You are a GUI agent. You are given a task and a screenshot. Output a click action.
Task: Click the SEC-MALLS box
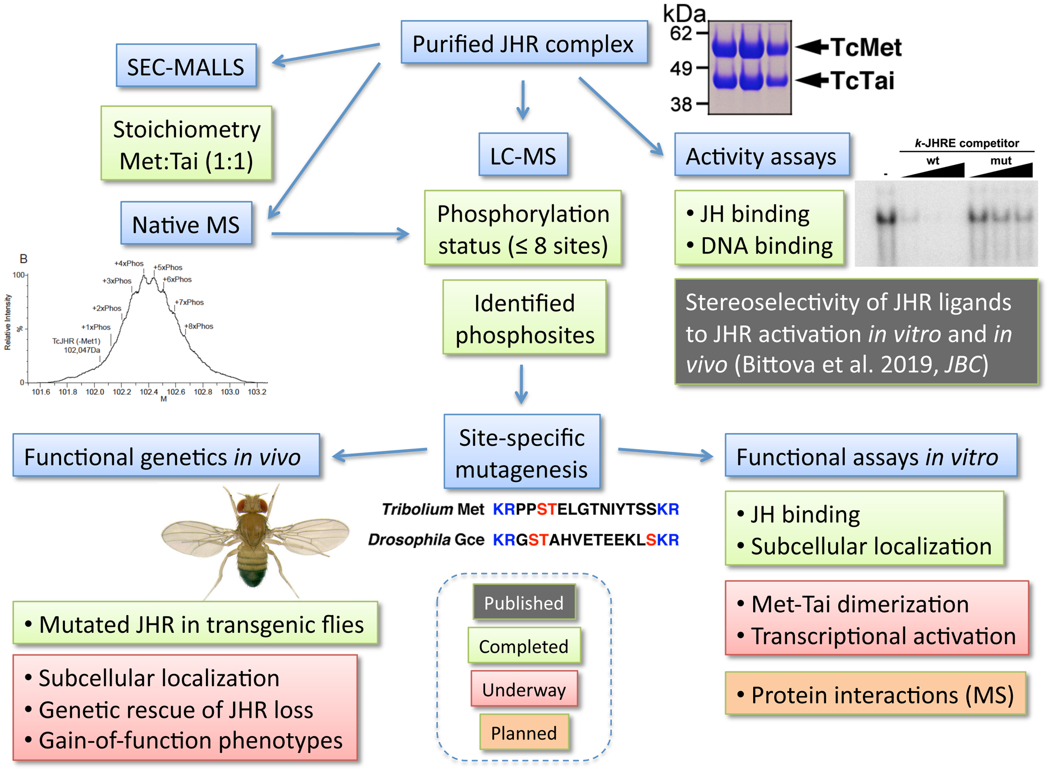(186, 66)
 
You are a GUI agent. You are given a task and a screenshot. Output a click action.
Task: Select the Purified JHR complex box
(524, 43)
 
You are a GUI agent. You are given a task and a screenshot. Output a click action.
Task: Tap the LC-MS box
(523, 155)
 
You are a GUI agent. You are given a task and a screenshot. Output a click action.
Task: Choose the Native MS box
(186, 224)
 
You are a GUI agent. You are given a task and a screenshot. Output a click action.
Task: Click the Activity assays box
(762, 155)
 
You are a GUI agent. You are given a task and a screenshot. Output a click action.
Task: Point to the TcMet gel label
(866, 47)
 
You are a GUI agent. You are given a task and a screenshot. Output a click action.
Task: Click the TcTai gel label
(863, 81)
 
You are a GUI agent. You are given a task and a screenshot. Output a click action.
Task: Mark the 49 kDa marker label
(681, 68)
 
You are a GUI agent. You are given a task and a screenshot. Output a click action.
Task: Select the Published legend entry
(524, 602)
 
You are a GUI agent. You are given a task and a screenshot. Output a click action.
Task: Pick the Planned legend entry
(524, 733)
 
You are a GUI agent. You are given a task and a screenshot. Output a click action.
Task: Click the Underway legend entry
(524, 689)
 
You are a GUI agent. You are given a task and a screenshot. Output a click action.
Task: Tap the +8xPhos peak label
(199, 326)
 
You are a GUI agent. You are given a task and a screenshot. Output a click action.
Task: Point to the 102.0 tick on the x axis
(95, 392)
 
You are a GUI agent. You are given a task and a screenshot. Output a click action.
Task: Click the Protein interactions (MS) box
(876, 694)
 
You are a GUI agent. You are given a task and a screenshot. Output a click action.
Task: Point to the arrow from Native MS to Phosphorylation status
(340, 234)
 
